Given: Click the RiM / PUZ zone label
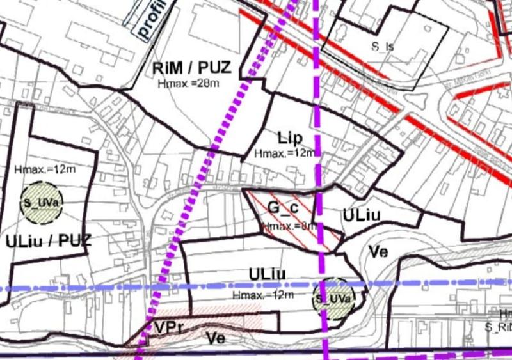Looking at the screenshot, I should [x=191, y=68].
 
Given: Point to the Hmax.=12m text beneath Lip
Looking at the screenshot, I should [x=285, y=153].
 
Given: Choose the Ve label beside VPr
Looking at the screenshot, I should [x=215, y=338].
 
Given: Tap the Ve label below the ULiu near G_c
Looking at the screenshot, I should [x=378, y=251].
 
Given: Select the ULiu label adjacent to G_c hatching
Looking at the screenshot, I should [x=362, y=215].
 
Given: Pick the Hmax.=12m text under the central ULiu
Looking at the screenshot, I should [x=263, y=294].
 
